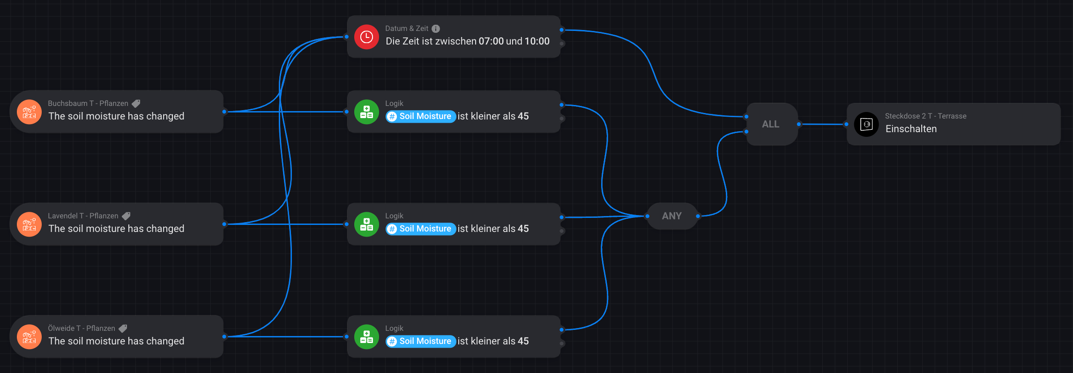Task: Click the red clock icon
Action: tap(366, 37)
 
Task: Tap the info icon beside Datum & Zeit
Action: tap(436, 29)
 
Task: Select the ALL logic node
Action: tap(771, 124)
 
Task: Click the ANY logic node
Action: tap(671, 216)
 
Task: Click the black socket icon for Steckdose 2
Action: tap(866, 124)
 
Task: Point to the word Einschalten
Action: tap(911, 129)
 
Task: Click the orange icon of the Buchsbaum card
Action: tap(30, 112)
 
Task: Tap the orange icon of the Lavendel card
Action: tap(30, 224)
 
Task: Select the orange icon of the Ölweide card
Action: tap(30, 337)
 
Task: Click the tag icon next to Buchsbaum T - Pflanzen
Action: tap(136, 104)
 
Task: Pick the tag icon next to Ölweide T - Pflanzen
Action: tap(123, 328)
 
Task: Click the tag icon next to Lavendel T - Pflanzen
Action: tap(126, 216)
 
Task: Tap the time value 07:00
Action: tap(491, 41)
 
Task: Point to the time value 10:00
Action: tap(537, 41)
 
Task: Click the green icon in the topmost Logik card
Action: tap(366, 112)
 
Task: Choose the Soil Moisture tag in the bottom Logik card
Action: tap(420, 341)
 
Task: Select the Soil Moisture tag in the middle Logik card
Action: tap(420, 229)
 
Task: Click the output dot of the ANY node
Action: tap(698, 216)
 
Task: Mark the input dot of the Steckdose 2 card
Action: tap(846, 124)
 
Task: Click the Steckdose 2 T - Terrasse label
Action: tap(925, 116)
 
